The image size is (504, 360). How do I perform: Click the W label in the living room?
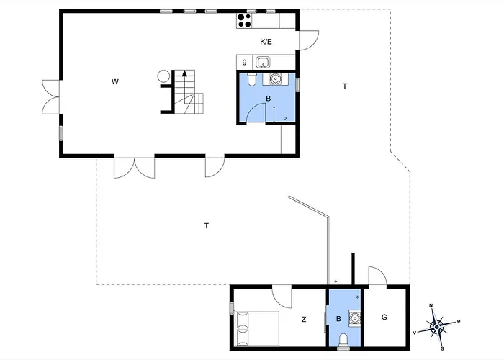[x=114, y=81]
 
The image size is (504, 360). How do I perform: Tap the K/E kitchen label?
[x=265, y=42]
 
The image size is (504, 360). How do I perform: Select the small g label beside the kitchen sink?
[x=245, y=62]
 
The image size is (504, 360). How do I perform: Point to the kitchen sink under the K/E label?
[x=264, y=62]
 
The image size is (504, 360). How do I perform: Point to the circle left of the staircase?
[x=163, y=75]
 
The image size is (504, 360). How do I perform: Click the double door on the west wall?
[x=50, y=96]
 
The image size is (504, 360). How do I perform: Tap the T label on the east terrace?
[x=345, y=86]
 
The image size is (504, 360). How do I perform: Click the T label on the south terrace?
[x=207, y=226]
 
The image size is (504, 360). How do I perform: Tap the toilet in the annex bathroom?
[x=344, y=339]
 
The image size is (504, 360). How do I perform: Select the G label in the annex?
[x=384, y=317]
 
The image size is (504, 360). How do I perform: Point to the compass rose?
[x=437, y=326]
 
